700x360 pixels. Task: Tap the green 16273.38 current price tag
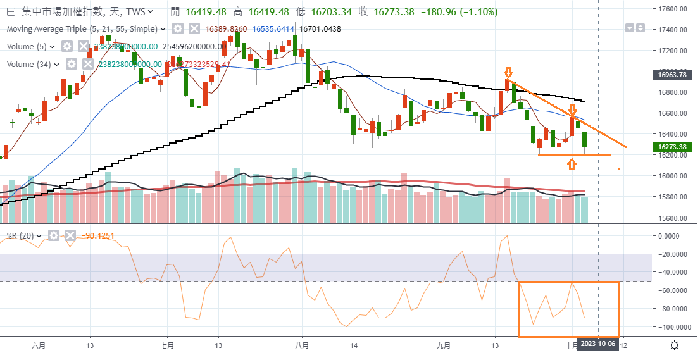pos(673,147)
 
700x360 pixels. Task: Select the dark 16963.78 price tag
pos(673,75)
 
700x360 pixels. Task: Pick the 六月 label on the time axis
pos(39,345)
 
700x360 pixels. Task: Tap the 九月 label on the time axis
pos(444,345)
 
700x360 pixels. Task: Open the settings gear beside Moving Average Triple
pos(178,28)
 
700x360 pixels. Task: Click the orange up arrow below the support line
pos(572,164)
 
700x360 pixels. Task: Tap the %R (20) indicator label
pos(21,235)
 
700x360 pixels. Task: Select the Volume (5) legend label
pos(28,46)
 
